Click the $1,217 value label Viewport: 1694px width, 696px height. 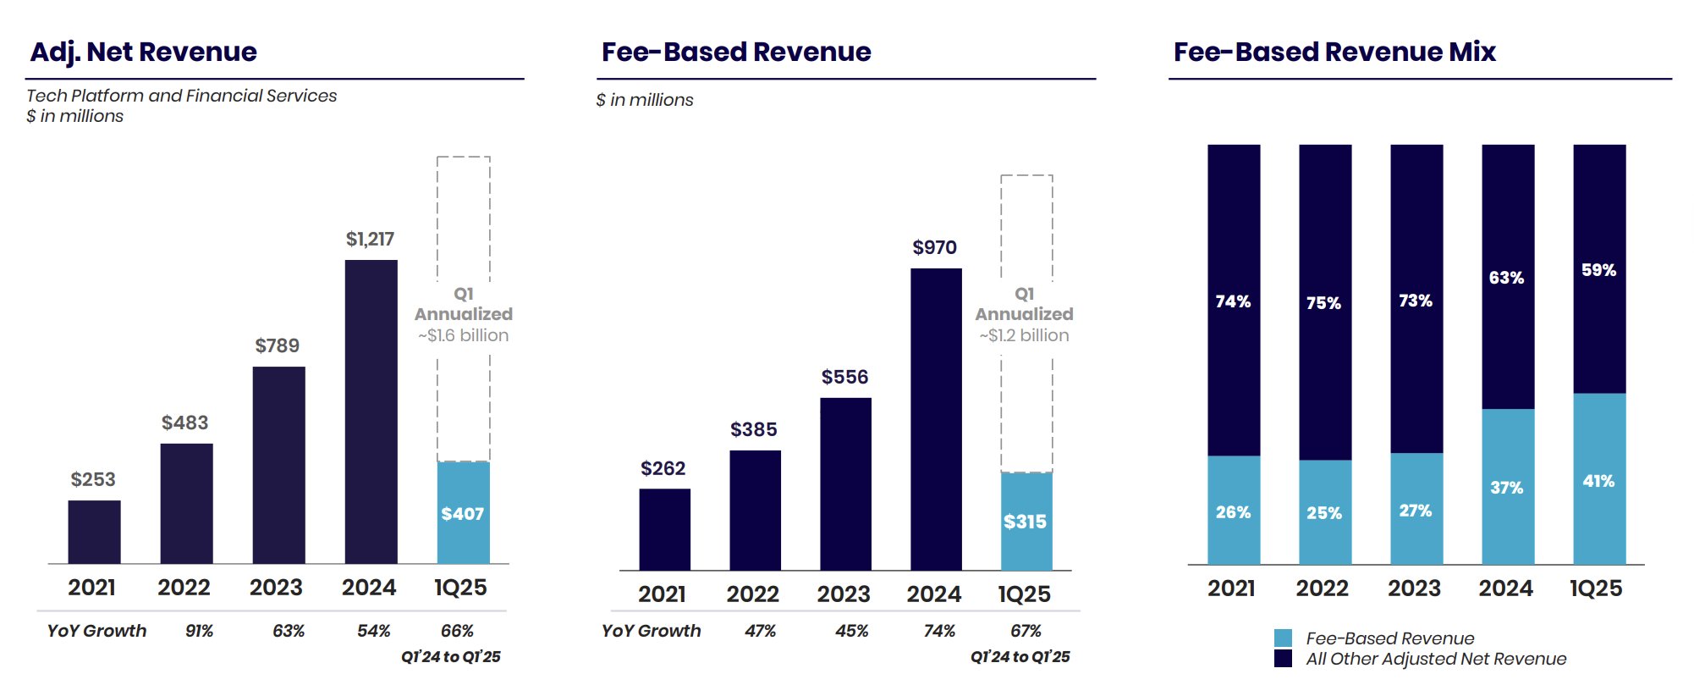click(370, 239)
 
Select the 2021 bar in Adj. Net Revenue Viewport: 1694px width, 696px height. click(94, 532)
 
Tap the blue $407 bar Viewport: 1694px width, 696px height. click(463, 512)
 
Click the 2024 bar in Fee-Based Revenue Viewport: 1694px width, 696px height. click(936, 419)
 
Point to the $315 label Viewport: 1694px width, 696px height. click(1025, 522)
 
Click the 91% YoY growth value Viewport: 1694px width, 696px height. click(199, 631)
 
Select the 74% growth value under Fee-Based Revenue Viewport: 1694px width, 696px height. click(939, 631)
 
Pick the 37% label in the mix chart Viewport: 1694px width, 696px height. click(1506, 488)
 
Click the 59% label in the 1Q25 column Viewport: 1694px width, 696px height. click(1598, 270)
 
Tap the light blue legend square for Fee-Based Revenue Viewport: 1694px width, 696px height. click(1283, 638)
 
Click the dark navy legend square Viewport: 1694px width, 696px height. click(1283, 659)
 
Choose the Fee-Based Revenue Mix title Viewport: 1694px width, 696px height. click(1334, 52)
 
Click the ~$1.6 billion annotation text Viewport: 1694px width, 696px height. click(463, 335)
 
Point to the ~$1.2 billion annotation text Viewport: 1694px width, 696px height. click(1024, 335)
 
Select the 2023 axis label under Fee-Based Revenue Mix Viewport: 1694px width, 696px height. click(1414, 588)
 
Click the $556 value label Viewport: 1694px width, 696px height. click(844, 377)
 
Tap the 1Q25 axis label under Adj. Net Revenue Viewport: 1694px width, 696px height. click(460, 588)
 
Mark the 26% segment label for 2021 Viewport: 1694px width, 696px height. click(1233, 512)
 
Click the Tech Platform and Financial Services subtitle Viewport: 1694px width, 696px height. click(181, 96)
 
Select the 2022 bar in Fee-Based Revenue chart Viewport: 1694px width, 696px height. click(755, 510)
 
